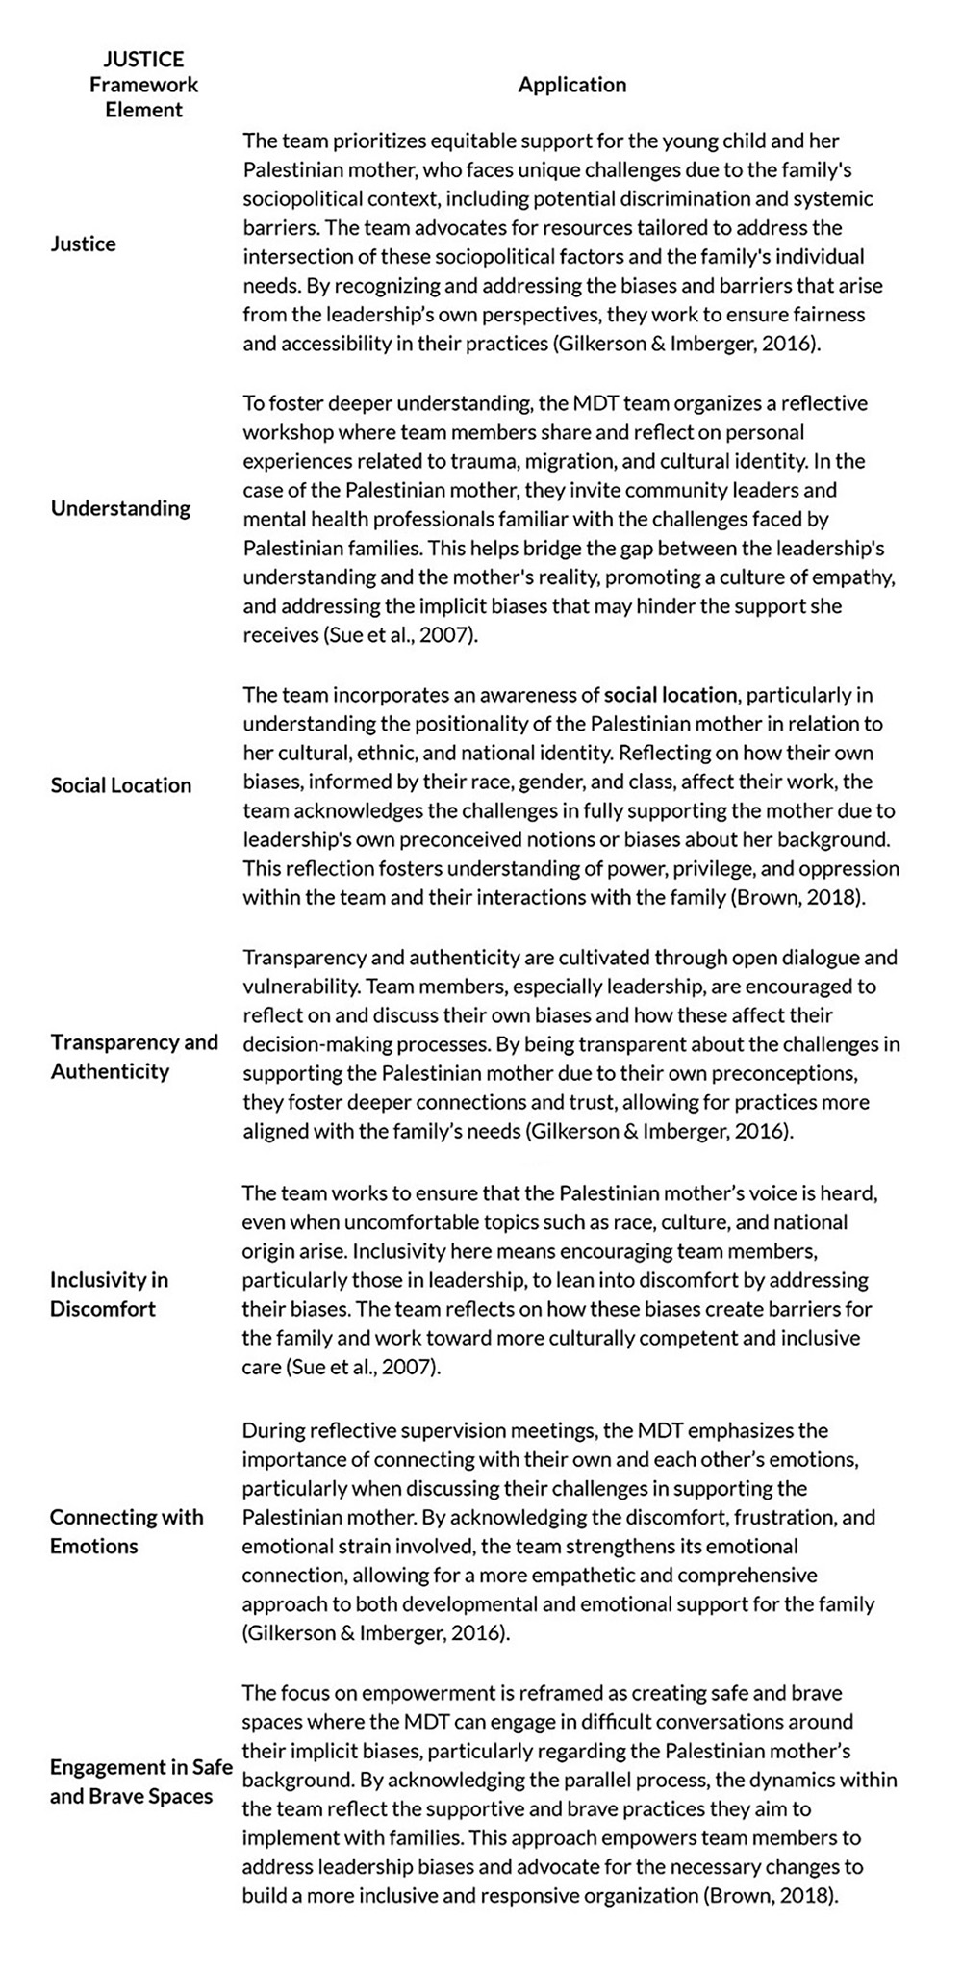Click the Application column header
pos(571,85)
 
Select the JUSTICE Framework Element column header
pos(143,85)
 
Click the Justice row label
pos(84,244)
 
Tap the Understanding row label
pos(120,508)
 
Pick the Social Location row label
pos(121,785)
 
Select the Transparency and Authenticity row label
pos(134,1057)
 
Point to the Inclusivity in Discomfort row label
pos(109,1294)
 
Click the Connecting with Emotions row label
pos(126,1531)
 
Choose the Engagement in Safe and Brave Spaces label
pos(140,1782)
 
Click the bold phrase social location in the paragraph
pos(671,695)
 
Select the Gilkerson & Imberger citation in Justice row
pos(687,344)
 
